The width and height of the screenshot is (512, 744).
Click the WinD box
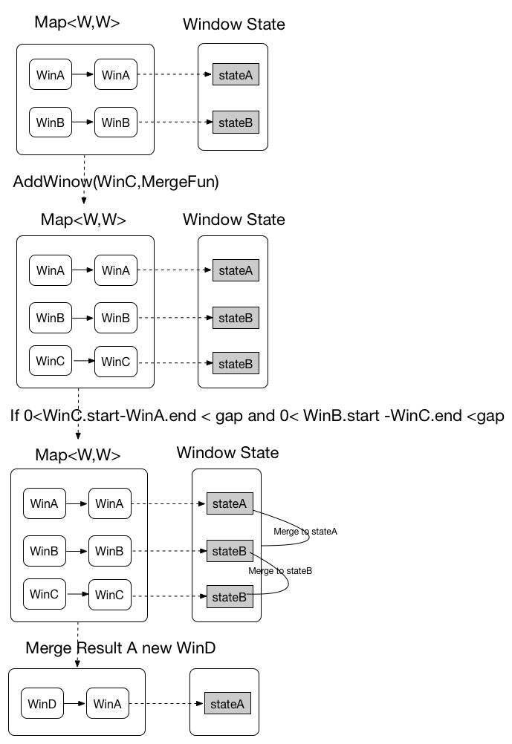coord(42,703)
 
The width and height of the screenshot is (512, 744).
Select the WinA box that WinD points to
coord(108,703)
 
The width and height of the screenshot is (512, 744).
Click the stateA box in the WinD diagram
coord(227,704)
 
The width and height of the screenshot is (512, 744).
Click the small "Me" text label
coord(254,571)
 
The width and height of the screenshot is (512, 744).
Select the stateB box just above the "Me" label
coord(229,551)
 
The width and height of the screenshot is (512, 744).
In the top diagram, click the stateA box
coord(236,75)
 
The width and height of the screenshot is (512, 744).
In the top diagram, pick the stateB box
coord(236,123)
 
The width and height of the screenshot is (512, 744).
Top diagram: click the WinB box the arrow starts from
coord(51,123)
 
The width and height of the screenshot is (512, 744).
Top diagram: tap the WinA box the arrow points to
coord(116,75)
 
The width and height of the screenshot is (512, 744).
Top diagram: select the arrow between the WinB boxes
coord(83,123)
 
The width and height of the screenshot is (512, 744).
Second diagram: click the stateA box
coord(236,270)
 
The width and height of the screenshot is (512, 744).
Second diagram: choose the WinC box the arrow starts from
coord(51,362)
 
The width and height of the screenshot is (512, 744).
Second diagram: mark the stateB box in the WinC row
coord(236,364)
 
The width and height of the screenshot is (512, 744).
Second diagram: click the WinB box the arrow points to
coord(116,318)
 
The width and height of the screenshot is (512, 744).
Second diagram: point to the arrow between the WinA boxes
coord(83,270)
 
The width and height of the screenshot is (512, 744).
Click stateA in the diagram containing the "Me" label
coord(229,503)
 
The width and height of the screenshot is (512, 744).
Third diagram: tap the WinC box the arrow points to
coord(109,595)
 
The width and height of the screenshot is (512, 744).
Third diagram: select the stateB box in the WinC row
coord(229,597)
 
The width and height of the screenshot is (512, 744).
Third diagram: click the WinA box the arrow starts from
coord(45,503)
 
